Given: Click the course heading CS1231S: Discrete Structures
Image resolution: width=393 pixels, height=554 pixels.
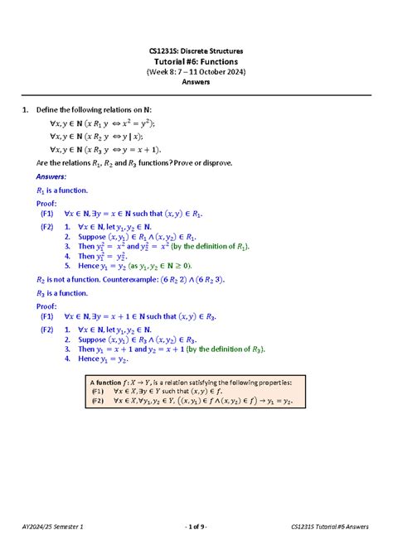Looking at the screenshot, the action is point(196,51).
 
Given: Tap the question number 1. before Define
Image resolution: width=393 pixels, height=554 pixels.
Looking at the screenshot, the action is point(27,110).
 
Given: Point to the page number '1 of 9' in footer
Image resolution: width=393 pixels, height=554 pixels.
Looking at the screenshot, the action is point(196,527).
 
